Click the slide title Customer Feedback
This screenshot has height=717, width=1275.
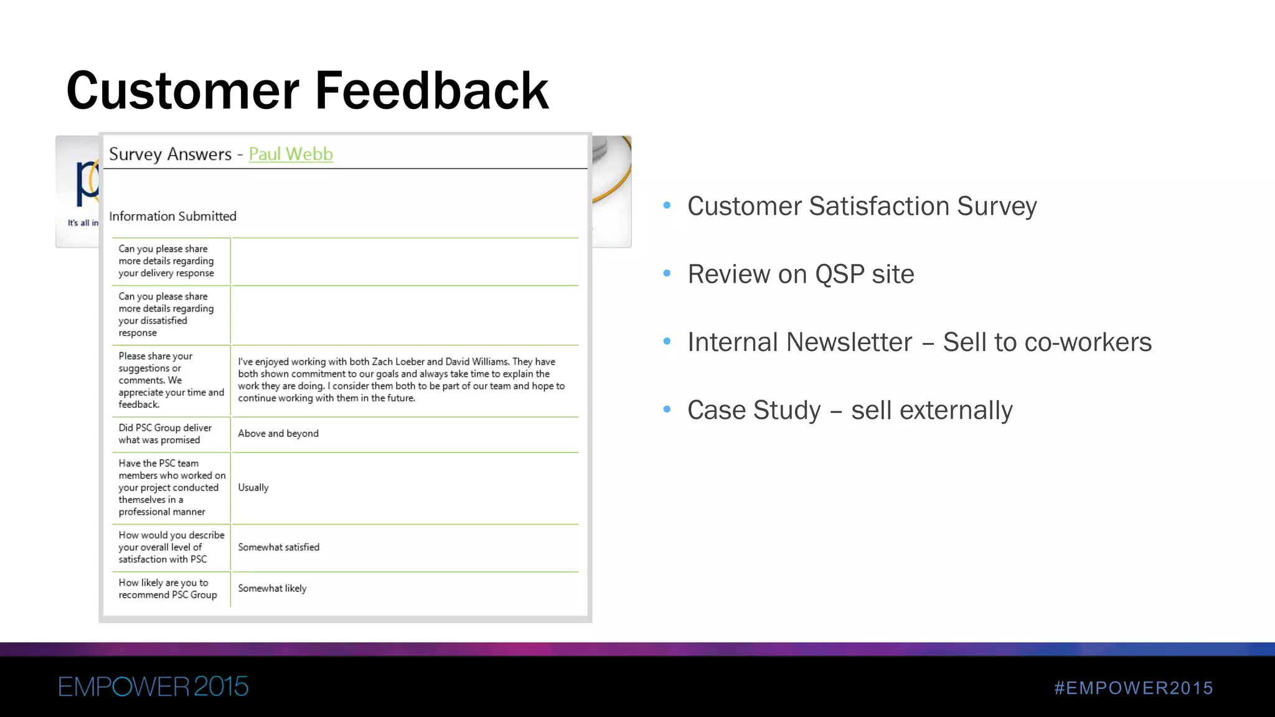(308, 91)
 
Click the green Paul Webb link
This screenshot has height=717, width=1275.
(291, 154)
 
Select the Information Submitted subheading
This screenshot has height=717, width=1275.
(172, 216)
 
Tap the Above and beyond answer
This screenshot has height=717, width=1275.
(278, 433)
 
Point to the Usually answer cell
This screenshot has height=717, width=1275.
(253, 487)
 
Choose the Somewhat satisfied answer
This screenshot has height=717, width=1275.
(278, 547)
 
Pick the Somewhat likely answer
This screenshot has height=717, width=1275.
(272, 588)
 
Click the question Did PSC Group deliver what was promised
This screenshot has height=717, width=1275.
(165, 434)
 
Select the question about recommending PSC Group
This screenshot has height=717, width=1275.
(167, 589)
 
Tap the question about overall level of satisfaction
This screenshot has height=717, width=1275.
(171, 547)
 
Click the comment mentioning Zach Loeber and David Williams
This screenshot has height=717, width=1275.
(401, 380)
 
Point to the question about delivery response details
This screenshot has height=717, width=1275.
(166, 261)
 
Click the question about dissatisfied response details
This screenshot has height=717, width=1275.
(166, 314)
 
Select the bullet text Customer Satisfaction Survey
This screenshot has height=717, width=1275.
(862, 206)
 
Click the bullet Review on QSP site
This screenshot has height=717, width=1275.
(801, 274)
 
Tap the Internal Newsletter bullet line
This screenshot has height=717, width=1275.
(919, 342)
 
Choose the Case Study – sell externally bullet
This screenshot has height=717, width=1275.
(850, 410)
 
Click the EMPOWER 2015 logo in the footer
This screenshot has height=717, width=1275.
(153, 687)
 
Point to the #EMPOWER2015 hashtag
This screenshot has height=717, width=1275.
(1134, 688)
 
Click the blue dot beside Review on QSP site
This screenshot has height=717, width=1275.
(667, 273)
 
